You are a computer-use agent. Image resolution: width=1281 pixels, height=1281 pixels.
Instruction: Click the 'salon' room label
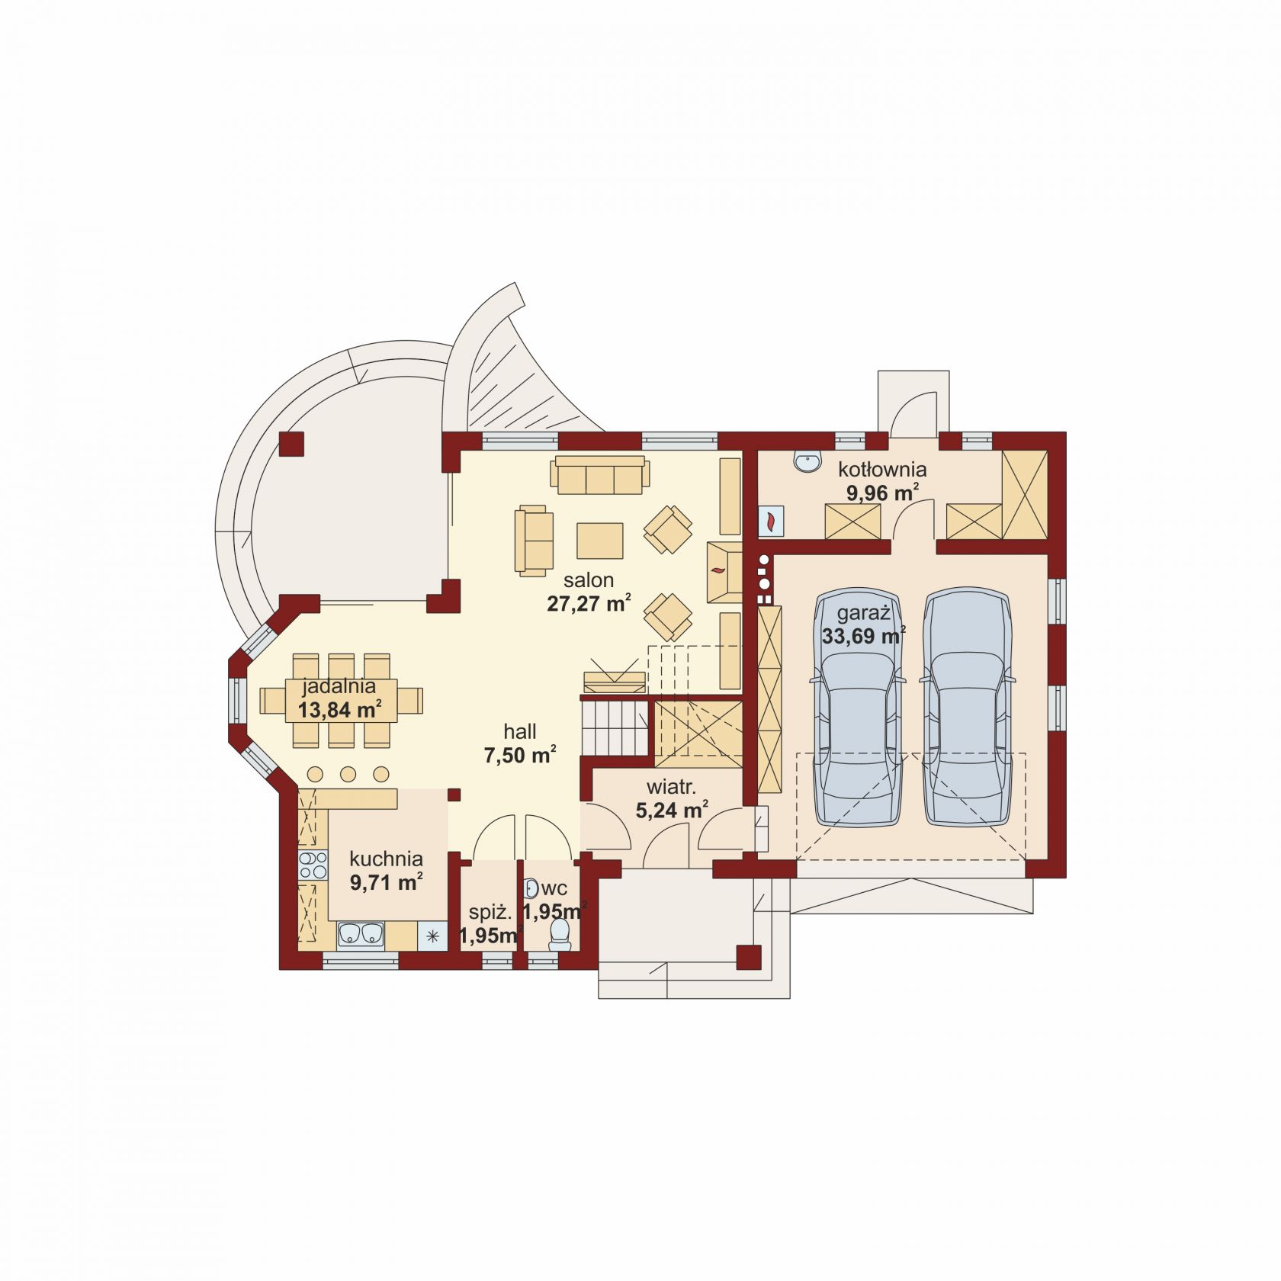click(589, 580)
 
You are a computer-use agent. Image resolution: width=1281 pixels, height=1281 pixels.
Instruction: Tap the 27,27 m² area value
click(589, 604)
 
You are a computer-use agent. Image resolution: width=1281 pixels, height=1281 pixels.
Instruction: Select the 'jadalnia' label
click(339, 686)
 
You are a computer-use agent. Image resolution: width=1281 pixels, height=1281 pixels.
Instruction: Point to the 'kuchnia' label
click(386, 859)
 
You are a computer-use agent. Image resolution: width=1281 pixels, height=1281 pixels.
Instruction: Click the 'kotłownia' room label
click(882, 469)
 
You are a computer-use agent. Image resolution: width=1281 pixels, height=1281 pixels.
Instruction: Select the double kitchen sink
click(361, 934)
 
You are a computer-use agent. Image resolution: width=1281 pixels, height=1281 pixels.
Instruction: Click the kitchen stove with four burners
click(313, 866)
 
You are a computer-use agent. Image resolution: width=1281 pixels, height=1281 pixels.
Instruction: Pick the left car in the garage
click(858, 707)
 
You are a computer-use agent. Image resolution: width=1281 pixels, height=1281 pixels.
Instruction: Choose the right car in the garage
click(968, 707)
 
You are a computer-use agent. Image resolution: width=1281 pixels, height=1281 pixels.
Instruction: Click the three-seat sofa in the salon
click(600, 475)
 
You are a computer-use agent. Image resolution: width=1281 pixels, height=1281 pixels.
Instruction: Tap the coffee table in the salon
click(600, 541)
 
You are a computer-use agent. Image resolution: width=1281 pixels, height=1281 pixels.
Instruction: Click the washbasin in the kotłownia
click(807, 461)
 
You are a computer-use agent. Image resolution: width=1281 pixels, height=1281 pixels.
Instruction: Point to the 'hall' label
click(520, 732)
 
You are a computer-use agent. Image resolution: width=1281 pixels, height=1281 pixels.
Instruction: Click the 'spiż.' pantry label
click(490, 912)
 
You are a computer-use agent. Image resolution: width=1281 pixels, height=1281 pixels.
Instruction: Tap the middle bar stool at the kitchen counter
click(348, 775)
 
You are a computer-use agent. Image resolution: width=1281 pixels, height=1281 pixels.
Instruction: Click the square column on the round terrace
click(291, 445)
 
